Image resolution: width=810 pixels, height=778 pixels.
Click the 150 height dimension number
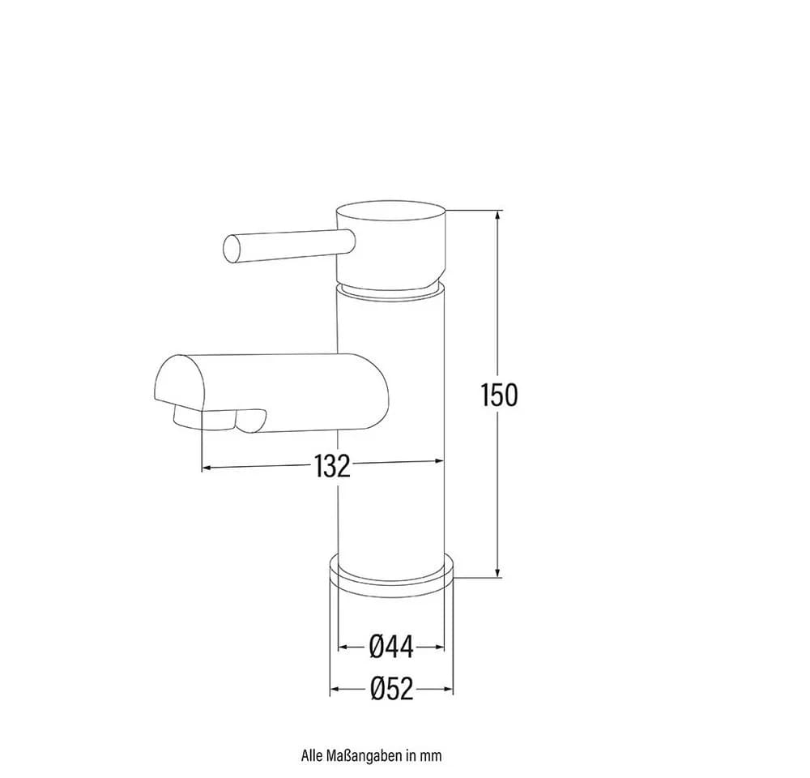pos(498,395)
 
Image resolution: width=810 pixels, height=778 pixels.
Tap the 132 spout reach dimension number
pos(332,466)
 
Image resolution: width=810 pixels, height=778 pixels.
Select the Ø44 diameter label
pos(391,647)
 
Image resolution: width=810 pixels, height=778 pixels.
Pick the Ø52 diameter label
pos(392,689)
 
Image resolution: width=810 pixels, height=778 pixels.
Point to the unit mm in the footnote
pos(430,756)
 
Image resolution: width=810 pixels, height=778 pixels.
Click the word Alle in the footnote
pos(313,755)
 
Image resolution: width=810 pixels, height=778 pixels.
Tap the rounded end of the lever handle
pos(232,249)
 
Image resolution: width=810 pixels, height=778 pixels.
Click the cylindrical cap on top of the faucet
pos(390,246)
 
